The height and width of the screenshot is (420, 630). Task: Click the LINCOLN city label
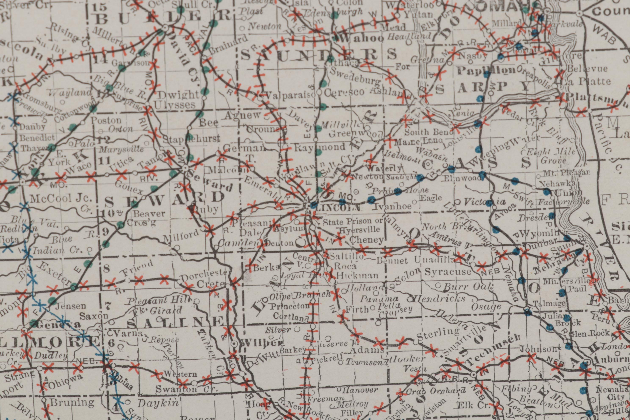click(x=337, y=208)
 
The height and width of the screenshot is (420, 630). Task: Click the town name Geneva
click(x=58, y=325)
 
